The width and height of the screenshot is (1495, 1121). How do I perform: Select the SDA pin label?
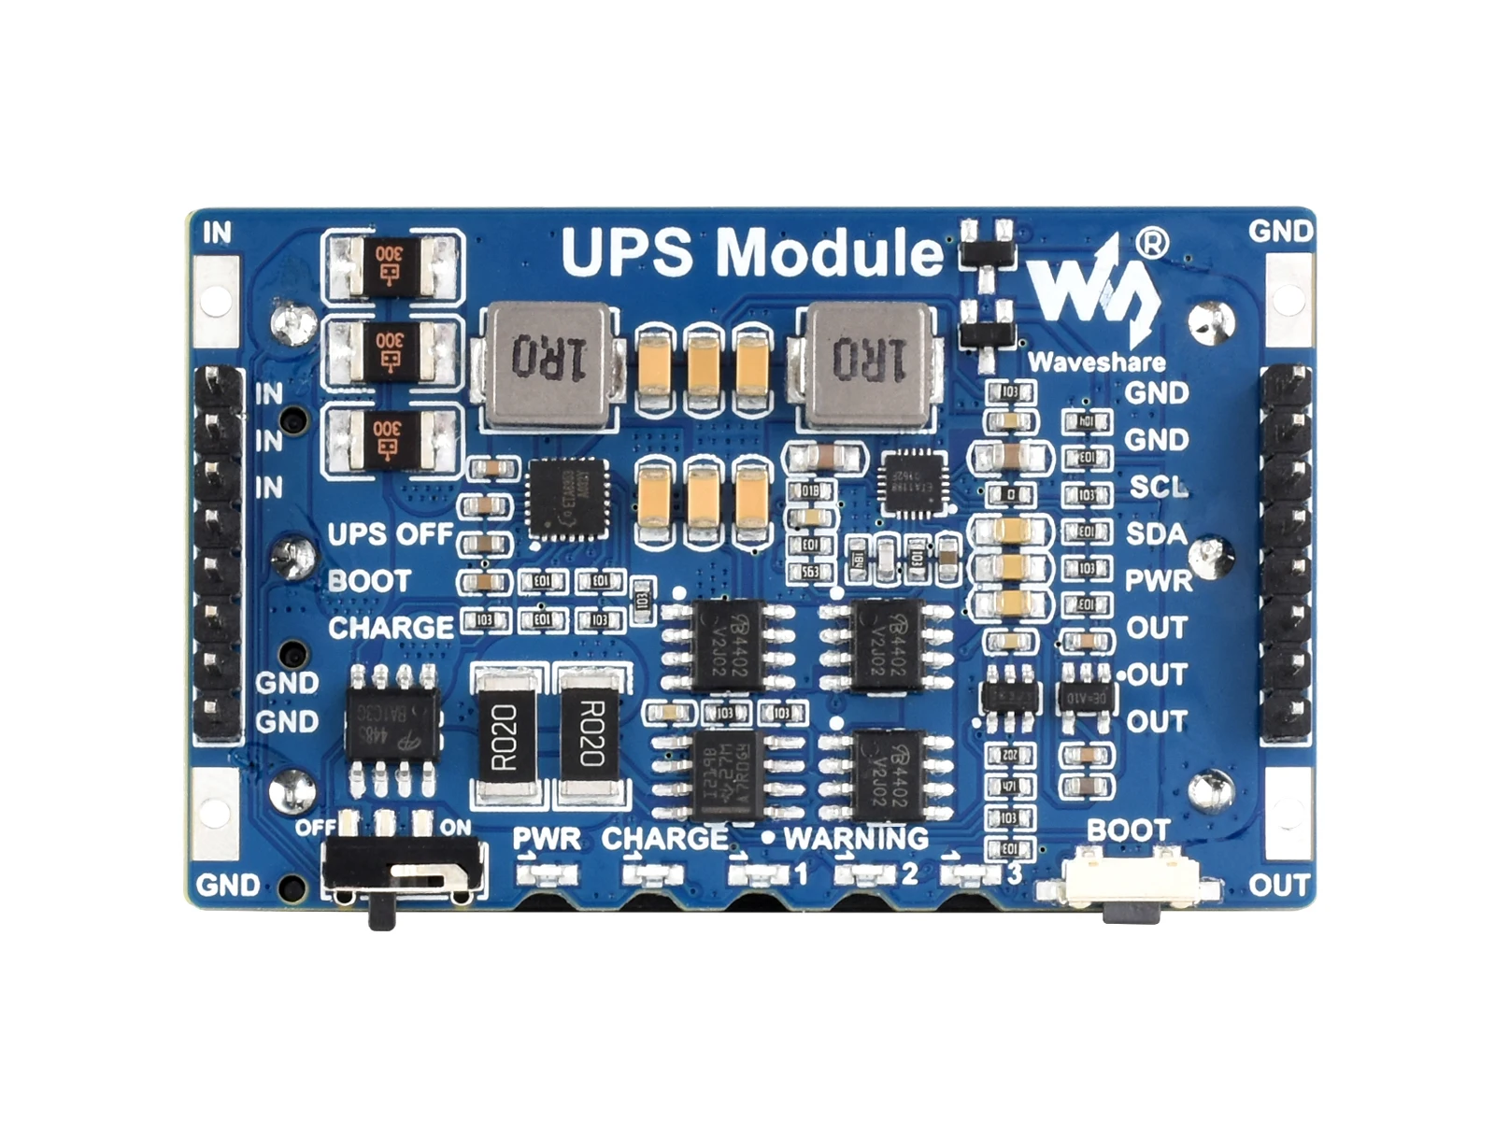(x=1157, y=533)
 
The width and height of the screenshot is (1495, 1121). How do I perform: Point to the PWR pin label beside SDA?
(x=1159, y=580)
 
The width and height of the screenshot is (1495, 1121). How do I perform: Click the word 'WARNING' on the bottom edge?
(x=856, y=838)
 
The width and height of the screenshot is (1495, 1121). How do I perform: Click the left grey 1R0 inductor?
(x=549, y=360)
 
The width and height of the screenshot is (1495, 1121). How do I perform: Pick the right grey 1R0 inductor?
(x=869, y=360)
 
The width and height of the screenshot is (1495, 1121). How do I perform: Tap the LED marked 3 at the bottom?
(x=972, y=874)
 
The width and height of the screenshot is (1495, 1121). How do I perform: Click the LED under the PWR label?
(x=548, y=874)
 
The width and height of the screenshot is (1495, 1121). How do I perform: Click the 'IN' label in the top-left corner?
(x=217, y=232)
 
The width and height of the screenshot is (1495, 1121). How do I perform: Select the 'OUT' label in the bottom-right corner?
(x=1279, y=885)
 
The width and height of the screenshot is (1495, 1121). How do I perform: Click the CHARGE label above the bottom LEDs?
(x=664, y=838)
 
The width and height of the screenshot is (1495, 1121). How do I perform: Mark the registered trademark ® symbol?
(x=1152, y=243)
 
